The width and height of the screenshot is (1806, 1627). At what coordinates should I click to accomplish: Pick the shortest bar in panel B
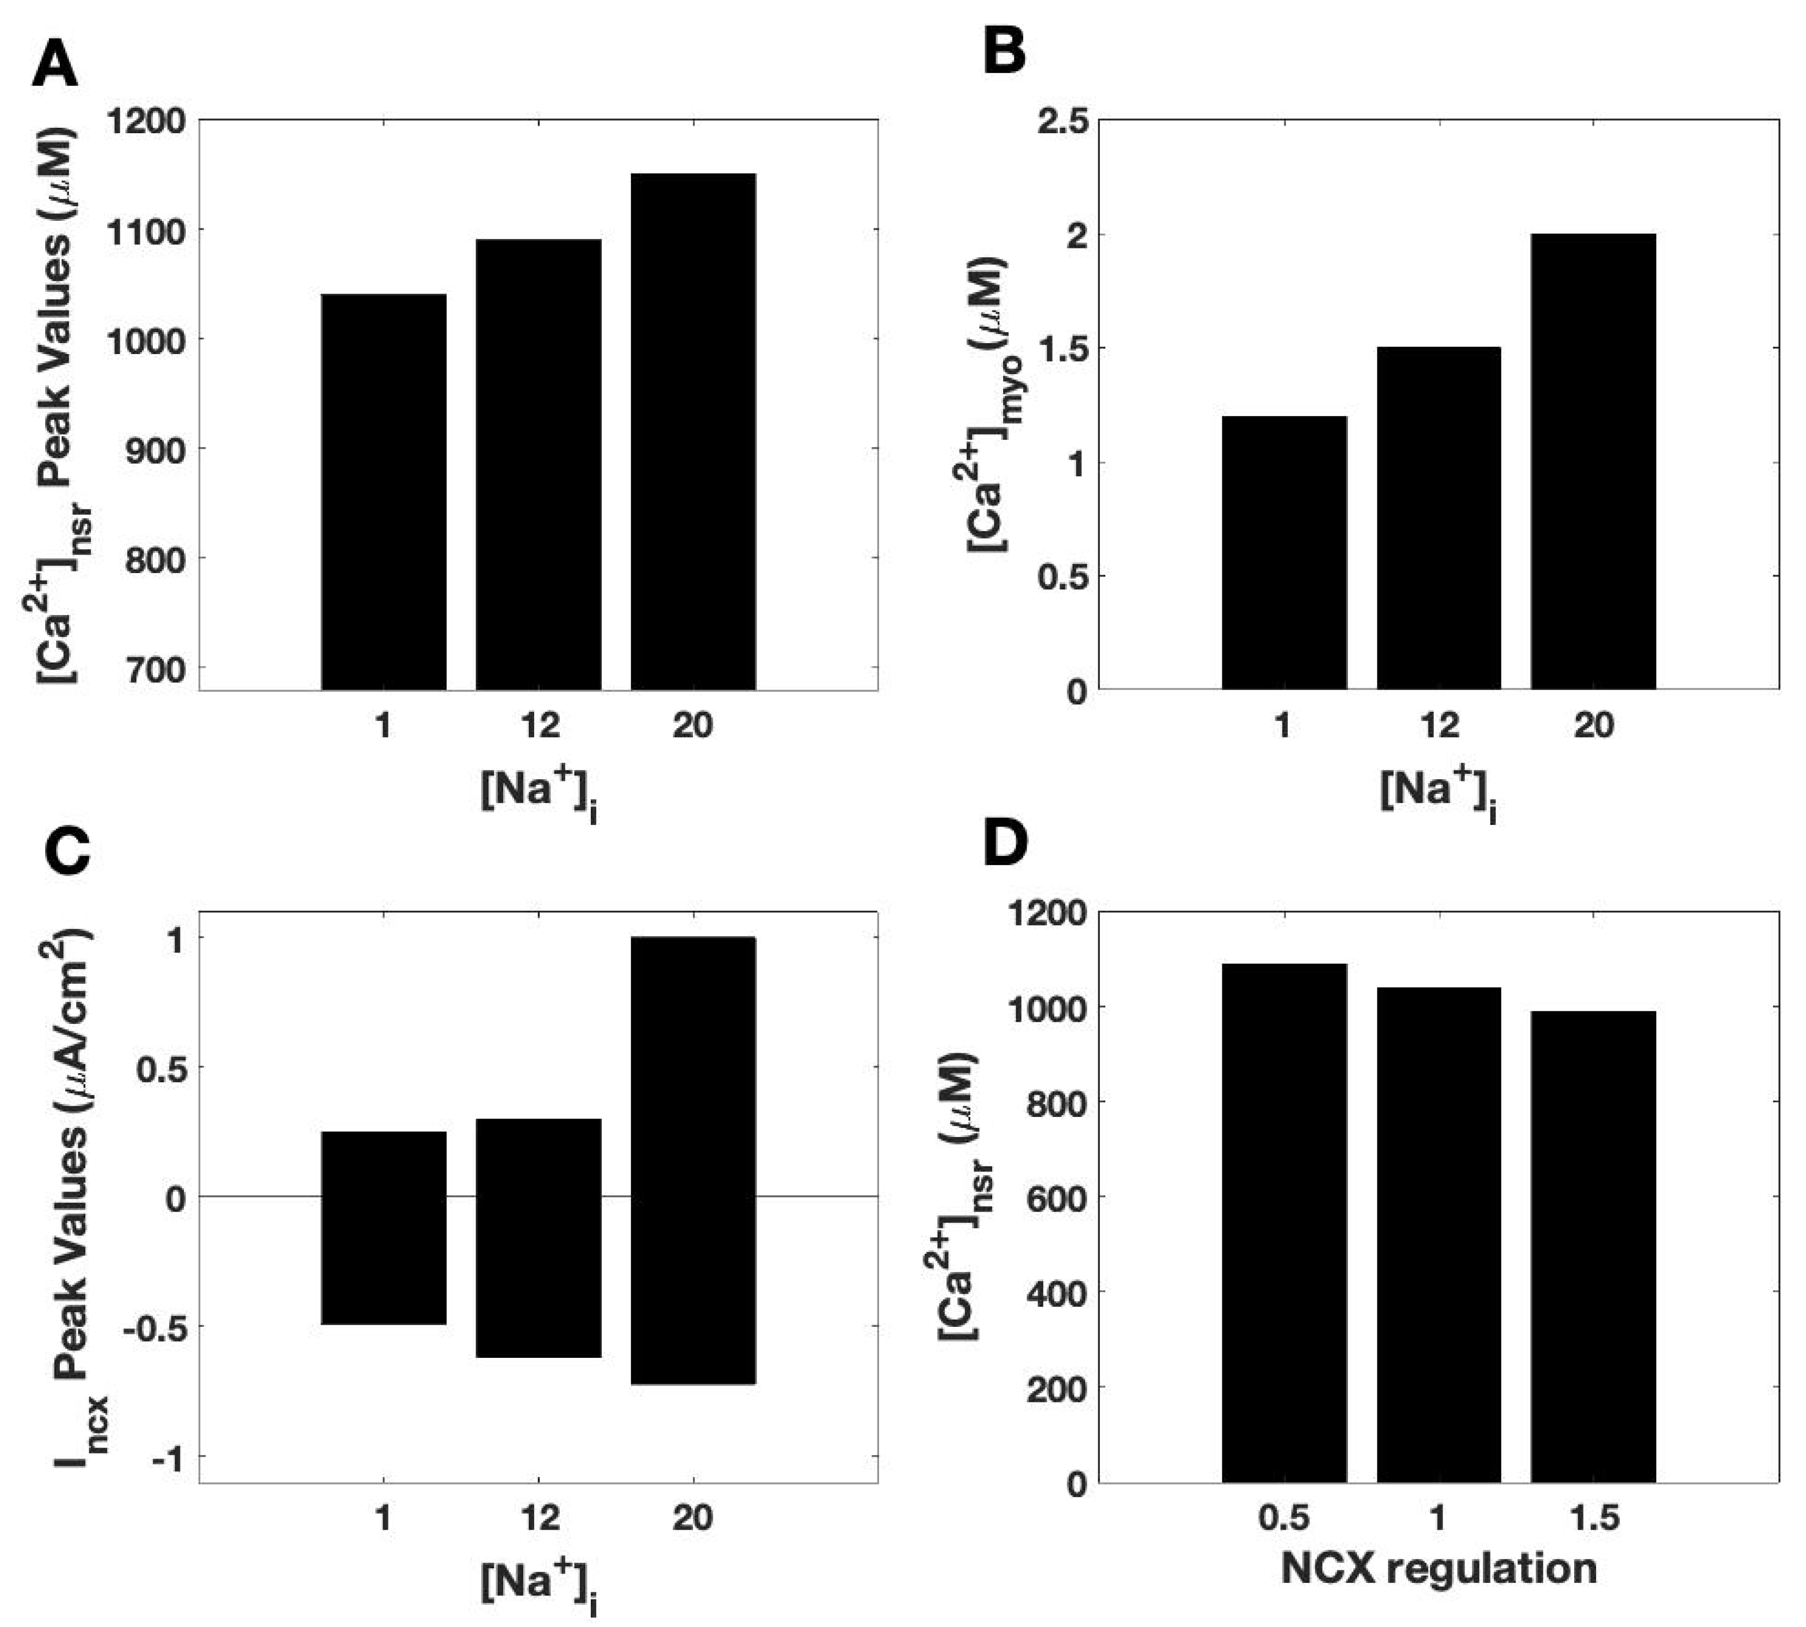[x=1284, y=552]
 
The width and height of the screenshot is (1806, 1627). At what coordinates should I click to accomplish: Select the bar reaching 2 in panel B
[x=1593, y=461]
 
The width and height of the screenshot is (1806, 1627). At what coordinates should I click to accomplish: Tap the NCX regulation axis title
[x=1438, y=1569]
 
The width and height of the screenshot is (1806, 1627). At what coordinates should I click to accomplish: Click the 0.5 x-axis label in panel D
[x=1283, y=1517]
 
